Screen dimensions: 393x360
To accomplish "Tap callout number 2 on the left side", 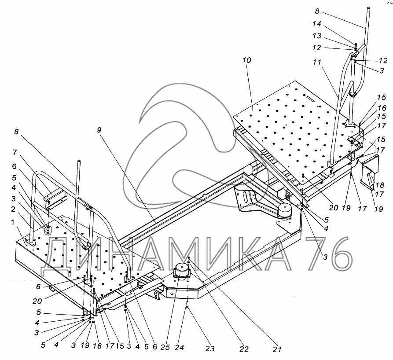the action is coord(13,209).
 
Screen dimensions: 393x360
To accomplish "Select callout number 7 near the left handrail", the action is coord(15,152).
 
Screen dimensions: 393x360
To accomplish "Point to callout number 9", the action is coord(99,130).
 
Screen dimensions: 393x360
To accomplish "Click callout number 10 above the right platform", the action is coord(246,60).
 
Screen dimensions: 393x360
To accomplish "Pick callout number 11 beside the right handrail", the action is coord(317,62).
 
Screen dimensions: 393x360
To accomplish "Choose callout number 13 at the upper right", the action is coord(317,36).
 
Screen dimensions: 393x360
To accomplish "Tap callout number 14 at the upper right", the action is coord(317,24).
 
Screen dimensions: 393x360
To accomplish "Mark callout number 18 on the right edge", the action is coord(380,185).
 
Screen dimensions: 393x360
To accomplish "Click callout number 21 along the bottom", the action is coord(277,349).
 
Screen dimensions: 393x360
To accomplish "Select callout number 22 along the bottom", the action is coord(244,349).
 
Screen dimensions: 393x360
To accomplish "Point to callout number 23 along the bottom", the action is coord(210,349).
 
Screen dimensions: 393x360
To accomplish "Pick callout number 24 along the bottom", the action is coord(180,348).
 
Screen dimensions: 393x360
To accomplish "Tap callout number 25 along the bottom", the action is coord(165,347).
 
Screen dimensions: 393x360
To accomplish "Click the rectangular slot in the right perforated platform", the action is coord(310,98).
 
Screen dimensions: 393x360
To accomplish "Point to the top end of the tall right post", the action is coord(369,8).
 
